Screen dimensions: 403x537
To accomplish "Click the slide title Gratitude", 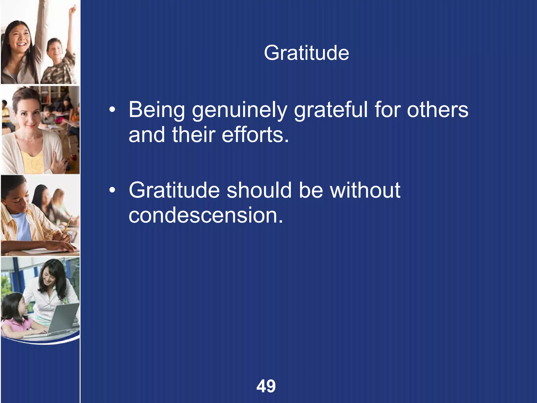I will coord(306,53).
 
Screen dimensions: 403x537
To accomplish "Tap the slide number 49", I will coord(266,386).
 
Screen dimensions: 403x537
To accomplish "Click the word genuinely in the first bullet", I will coord(239,110).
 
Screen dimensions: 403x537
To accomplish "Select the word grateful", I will coord(331,110).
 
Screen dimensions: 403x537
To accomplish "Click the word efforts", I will coord(255,135).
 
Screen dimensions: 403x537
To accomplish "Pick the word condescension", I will coord(206,215).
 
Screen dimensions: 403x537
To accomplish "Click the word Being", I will coord(157,110).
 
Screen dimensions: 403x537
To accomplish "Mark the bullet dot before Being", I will coord(112,110).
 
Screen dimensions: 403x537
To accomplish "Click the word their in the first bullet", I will coord(194,135).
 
